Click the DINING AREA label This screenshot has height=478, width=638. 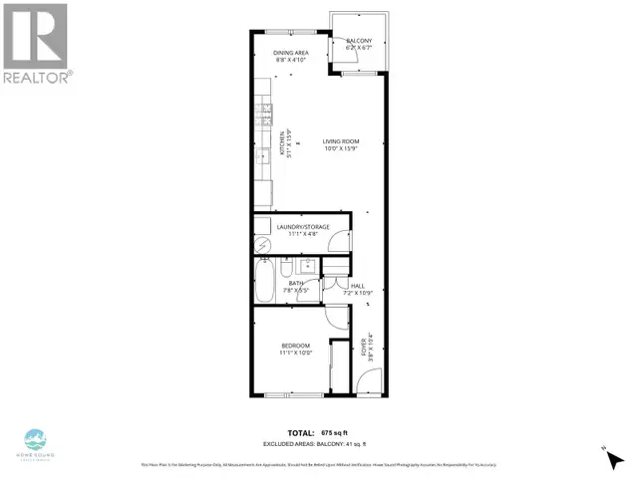[x=290, y=52]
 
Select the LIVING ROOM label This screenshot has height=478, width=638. [x=340, y=141]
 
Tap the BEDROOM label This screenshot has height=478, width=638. [x=294, y=346]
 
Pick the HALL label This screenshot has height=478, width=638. [x=357, y=286]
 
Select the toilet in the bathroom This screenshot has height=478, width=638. [x=285, y=268]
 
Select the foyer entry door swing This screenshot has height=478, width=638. [x=367, y=382]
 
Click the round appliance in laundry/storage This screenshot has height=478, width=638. [x=262, y=245]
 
